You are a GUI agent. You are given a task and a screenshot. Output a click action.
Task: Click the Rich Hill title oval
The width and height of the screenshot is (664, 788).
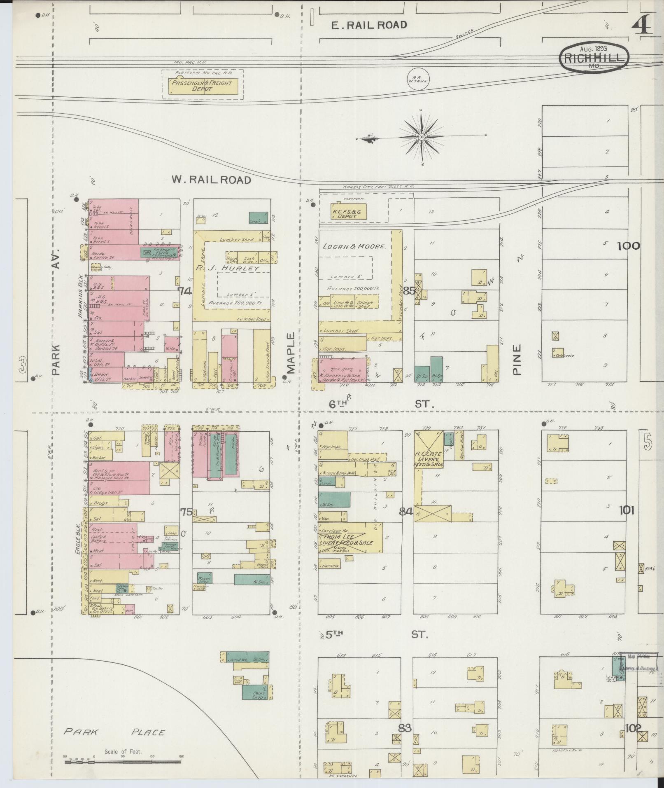594,58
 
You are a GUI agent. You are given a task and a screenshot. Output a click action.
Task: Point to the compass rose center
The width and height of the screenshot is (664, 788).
422,136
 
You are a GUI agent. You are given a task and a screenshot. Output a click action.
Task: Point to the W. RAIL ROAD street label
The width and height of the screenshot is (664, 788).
211,180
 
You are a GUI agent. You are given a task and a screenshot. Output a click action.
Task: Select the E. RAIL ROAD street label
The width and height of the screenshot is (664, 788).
369,25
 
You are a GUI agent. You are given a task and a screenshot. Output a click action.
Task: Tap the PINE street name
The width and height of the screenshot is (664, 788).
517,359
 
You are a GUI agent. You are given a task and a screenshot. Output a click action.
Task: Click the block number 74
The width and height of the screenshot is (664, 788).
185,291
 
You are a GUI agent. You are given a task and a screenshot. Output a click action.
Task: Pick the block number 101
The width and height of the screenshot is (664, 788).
626,510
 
